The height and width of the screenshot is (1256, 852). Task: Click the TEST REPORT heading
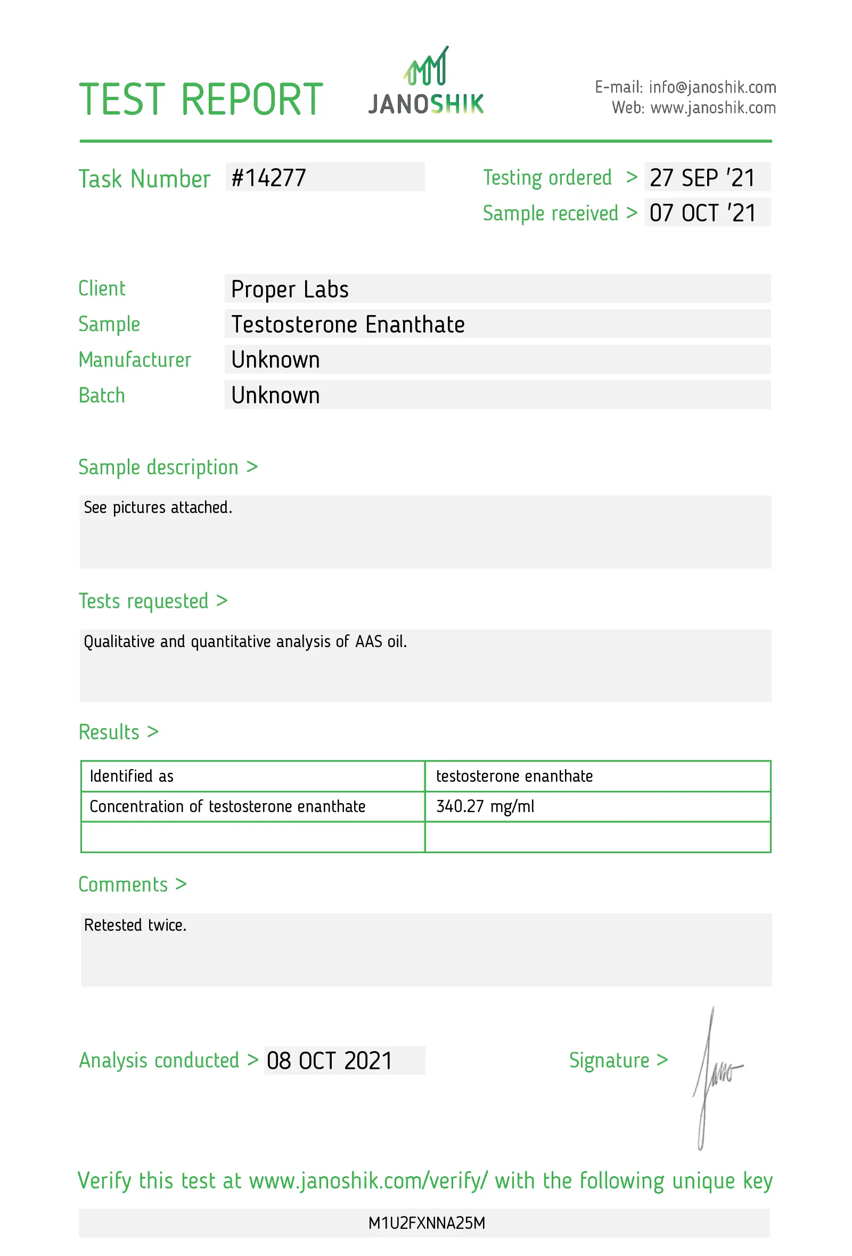click(x=201, y=100)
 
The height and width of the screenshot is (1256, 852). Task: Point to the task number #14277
click(x=268, y=178)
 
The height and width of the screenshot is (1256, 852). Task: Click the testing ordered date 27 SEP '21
click(x=702, y=178)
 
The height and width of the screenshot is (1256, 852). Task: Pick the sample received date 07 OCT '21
click(x=702, y=213)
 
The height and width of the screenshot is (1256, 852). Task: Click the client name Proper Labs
click(x=290, y=289)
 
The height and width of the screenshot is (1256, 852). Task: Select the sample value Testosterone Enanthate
click(x=348, y=324)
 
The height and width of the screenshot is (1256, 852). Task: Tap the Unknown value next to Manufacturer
click(x=275, y=360)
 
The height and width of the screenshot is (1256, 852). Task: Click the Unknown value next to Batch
click(x=275, y=395)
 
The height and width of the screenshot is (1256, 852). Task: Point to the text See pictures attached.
click(x=158, y=508)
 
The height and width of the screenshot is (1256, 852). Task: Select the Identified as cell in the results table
click(x=132, y=776)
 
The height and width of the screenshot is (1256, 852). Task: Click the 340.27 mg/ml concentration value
click(x=485, y=806)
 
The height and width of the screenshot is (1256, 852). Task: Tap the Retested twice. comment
click(x=135, y=926)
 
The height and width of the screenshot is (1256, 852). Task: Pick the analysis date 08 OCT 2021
click(x=329, y=1061)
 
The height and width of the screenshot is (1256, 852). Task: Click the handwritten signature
click(x=714, y=1076)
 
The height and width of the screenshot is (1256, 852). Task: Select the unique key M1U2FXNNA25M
click(x=427, y=1223)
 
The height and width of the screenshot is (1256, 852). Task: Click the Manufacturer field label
click(x=135, y=360)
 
